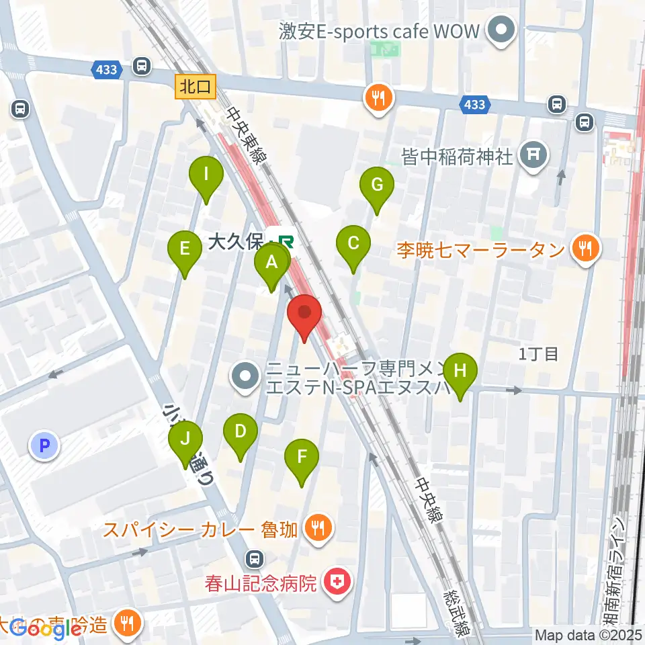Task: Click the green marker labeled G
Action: point(376,184)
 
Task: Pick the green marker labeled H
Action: point(460,371)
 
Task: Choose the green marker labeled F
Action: point(302,458)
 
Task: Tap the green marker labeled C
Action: point(353,243)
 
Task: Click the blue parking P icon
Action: point(45,444)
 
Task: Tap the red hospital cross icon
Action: point(336,582)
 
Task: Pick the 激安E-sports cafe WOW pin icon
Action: point(501,32)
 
